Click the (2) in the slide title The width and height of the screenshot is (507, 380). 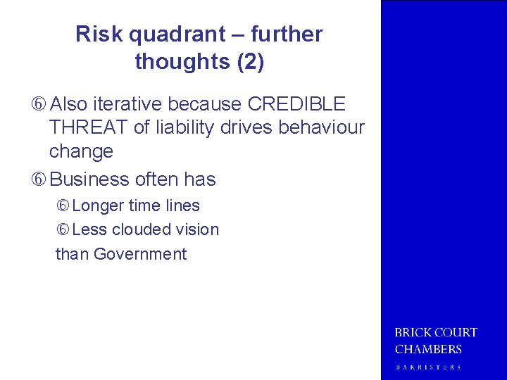tap(251, 62)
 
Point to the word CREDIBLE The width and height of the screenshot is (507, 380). tap(296, 104)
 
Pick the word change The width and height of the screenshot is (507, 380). tap(81, 151)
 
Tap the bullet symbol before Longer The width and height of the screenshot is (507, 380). tap(63, 206)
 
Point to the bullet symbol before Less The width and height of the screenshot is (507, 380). tap(63, 230)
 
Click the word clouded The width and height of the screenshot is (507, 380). tap(141, 229)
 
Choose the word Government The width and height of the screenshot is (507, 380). tap(140, 254)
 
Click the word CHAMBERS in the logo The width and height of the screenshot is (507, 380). tap(428, 349)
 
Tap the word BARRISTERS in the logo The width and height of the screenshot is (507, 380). tap(428, 367)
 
